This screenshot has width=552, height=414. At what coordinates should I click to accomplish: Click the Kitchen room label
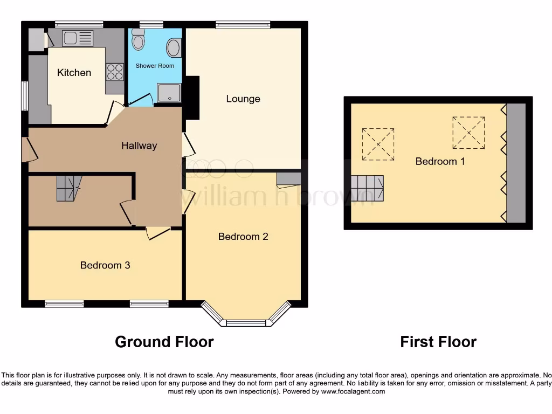point(74,73)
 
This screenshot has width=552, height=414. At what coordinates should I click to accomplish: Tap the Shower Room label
point(155,66)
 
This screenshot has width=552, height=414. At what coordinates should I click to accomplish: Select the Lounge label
point(243,99)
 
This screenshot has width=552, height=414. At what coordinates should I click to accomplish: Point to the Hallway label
point(139,146)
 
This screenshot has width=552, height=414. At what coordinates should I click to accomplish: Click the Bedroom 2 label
point(243,236)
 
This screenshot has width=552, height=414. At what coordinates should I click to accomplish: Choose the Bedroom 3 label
point(105,265)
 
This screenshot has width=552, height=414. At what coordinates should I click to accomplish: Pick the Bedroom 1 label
point(440,161)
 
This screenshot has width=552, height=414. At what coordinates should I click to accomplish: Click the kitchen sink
point(77,38)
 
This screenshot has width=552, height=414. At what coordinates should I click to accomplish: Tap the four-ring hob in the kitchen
point(115,72)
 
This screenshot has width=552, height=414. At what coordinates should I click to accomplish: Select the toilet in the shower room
point(139,40)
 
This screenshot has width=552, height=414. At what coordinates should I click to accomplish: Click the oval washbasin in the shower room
point(174,48)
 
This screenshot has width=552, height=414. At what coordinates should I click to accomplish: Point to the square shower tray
point(170,93)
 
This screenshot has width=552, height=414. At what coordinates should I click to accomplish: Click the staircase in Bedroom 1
point(367,189)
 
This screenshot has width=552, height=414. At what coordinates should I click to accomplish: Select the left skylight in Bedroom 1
point(378,144)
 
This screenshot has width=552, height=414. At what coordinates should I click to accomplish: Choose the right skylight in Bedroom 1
point(468,133)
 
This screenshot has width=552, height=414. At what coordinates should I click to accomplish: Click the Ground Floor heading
point(164,342)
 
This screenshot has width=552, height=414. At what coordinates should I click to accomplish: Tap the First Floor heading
point(438,342)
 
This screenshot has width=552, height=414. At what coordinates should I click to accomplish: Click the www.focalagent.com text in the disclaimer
point(353,391)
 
